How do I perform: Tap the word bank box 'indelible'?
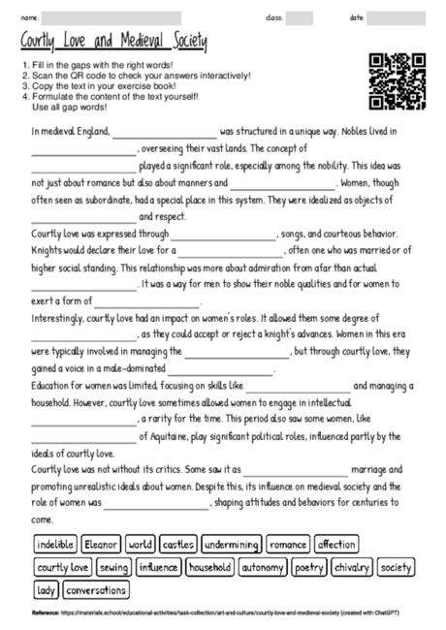click(x=54, y=545)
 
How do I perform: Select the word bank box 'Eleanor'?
click(x=102, y=545)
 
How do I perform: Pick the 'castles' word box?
click(x=176, y=545)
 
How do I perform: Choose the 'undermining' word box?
click(x=231, y=545)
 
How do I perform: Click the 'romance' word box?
click(x=288, y=545)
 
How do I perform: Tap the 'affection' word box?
click(x=336, y=545)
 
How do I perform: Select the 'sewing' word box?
click(x=113, y=567)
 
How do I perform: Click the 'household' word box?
click(x=210, y=567)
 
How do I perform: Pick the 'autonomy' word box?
click(x=263, y=567)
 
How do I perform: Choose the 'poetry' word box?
click(x=309, y=567)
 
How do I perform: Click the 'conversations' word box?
click(x=97, y=589)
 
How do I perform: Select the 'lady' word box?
click(x=46, y=589)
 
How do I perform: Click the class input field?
click(x=299, y=17)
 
